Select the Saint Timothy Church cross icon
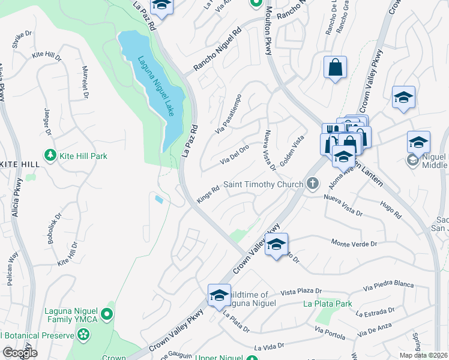point(311,184)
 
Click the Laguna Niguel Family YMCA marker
point(106,313)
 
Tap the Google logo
point(20,352)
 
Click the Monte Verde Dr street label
point(354,244)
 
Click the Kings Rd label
point(208,196)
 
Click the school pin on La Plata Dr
point(220,296)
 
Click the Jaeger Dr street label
point(47,121)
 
